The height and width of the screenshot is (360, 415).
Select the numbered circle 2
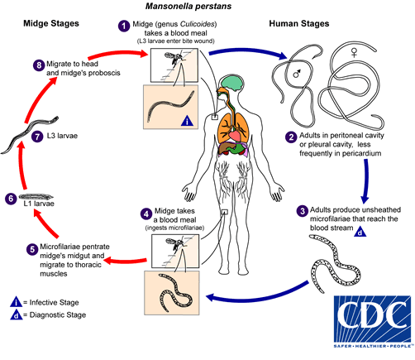291,137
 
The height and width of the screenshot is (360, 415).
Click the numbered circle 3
303,211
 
